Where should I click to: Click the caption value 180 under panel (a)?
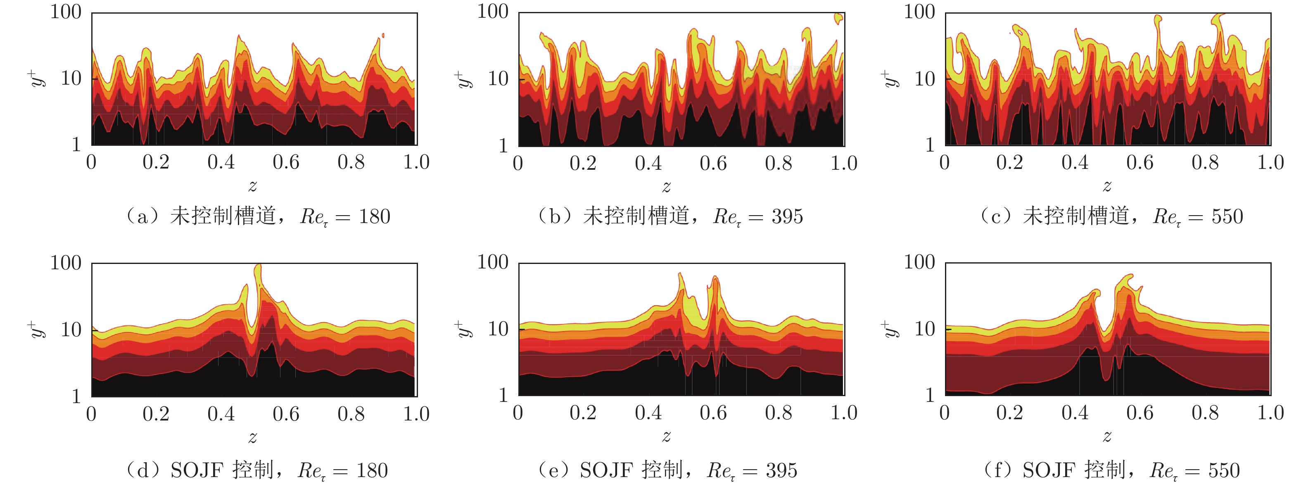pyautogui.click(x=374, y=216)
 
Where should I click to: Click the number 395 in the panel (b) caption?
pyautogui.click(x=787, y=216)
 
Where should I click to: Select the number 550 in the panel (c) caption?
pyautogui.click(x=1227, y=216)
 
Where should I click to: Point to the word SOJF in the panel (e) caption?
pyautogui.click(x=605, y=470)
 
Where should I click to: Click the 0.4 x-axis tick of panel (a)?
pyautogui.click(x=221, y=162)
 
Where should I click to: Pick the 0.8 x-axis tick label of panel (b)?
pyautogui.click(x=778, y=163)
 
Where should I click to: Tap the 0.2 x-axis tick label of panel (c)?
pyautogui.click(x=1009, y=162)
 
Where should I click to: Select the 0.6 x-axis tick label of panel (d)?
pyautogui.click(x=286, y=414)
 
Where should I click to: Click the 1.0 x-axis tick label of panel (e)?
pyautogui.click(x=844, y=413)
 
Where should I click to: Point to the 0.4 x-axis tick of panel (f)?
pyautogui.click(x=1075, y=413)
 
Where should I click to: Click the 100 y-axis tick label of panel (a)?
pyautogui.click(x=66, y=12)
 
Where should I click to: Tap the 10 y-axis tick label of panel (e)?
pyautogui.click(x=498, y=329)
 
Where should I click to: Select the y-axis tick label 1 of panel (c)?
pyautogui.click(x=930, y=145)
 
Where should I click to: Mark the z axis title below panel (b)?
pyautogui.click(x=667, y=187)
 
